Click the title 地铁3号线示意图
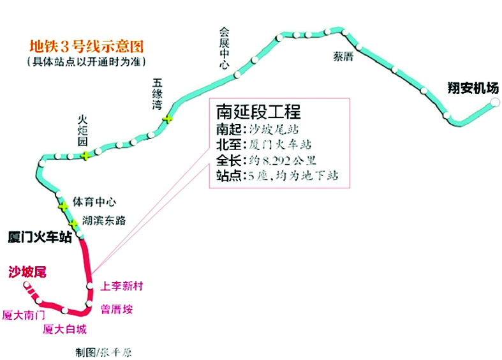pos(87,47)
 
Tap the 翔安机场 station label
pos(473,87)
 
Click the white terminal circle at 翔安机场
pos(495,103)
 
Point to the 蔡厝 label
pos(343,57)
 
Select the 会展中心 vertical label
pos(224,49)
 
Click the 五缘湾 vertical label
pos(157,94)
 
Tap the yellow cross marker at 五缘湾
pos(168,119)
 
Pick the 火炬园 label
pos(82,131)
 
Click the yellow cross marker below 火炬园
pos(85,156)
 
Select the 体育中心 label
pos(94,202)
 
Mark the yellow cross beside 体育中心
pos(63,207)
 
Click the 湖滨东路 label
pos(104,220)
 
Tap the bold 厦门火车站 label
pos(40,237)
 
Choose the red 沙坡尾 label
pos(27,272)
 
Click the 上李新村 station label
pos(122,286)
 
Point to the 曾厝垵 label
pos(117,309)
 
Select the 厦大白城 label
pos(64,329)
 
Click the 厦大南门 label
pos(24,315)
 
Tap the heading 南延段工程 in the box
pos(259,112)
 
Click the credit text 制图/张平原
pos(103,352)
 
